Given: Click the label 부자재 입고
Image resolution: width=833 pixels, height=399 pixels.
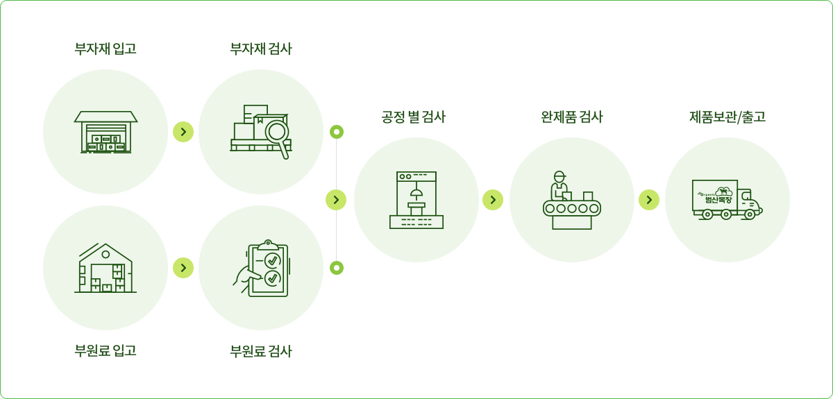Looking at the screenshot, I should click(106, 49).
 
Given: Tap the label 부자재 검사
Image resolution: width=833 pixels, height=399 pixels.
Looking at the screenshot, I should click(261, 49).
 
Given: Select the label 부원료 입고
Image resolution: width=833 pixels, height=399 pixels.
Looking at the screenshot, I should click(106, 351).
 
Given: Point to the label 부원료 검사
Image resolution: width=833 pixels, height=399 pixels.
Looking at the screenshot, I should click(261, 351).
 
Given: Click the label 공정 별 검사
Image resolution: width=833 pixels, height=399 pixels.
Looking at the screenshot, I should click(414, 117).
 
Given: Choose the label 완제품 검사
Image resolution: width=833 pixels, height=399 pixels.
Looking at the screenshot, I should click(572, 117).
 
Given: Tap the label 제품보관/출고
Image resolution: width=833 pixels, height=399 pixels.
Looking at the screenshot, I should click(727, 117).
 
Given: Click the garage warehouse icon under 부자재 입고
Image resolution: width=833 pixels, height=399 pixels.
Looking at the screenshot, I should click(106, 132).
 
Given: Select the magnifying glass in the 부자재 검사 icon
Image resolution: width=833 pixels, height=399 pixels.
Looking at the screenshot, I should click(278, 131).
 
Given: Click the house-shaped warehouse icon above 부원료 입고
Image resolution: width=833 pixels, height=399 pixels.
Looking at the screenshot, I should click(106, 268).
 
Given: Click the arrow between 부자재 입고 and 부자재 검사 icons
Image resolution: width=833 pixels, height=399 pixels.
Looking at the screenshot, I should click(183, 132).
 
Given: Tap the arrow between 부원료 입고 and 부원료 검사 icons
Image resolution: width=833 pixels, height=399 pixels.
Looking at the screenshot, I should click(183, 267).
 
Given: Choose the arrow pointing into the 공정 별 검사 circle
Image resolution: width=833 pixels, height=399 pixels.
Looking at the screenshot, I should click(336, 200).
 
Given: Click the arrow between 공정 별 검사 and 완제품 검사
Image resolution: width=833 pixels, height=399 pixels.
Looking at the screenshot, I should click(492, 200).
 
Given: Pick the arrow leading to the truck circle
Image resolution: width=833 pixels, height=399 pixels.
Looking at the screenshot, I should click(648, 200).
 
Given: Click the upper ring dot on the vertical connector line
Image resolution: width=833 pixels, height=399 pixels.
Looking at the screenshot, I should click(337, 132).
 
